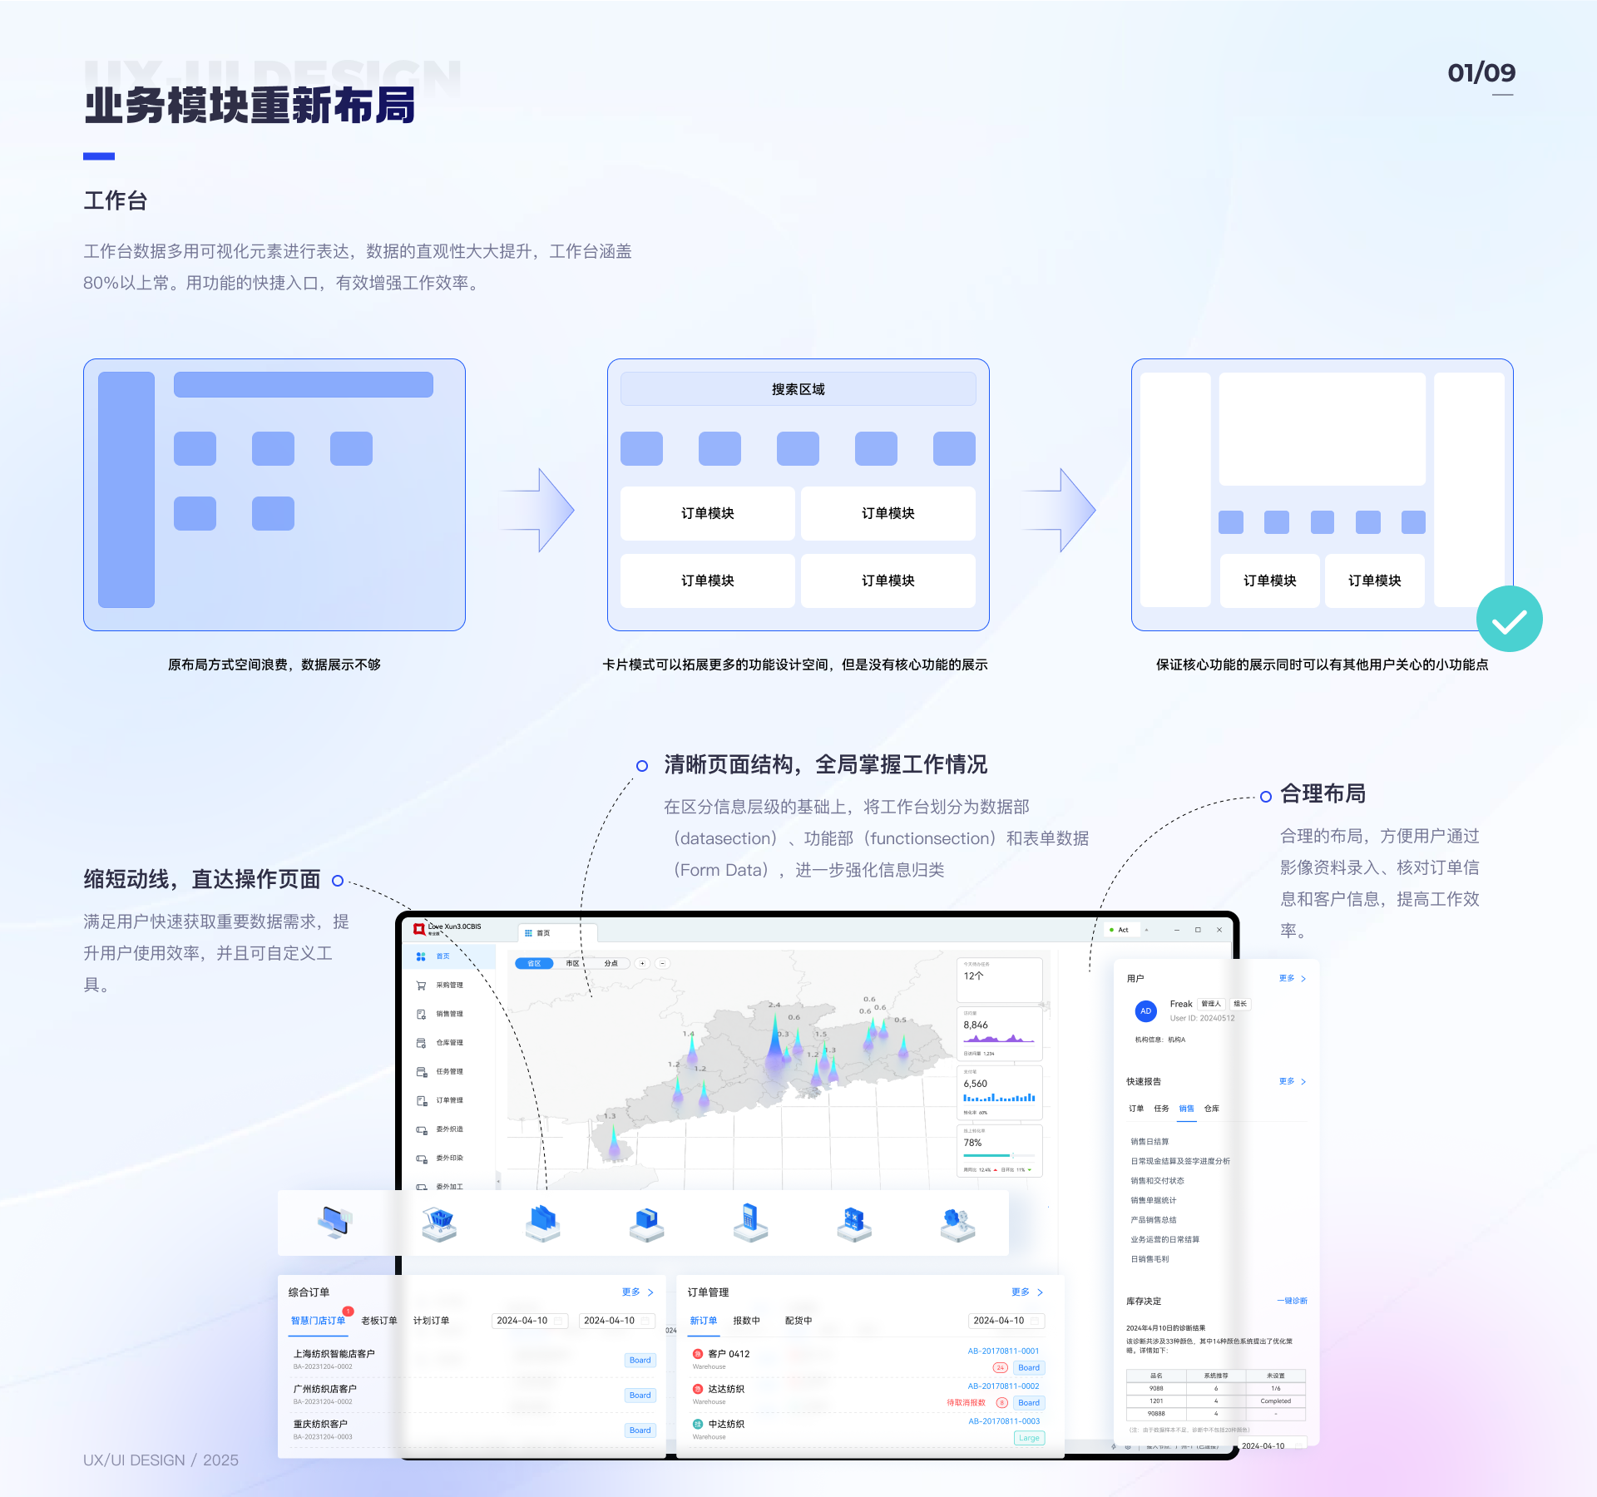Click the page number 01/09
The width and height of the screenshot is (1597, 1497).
1481,73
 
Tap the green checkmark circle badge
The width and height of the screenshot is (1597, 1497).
1509,620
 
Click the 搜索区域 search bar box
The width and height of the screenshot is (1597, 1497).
798,389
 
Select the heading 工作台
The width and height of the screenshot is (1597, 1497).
116,200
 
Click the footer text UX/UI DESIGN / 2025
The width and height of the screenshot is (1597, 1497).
161,1460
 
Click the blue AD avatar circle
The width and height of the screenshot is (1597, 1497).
1145,1011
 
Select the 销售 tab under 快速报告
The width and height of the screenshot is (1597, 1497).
1186,1109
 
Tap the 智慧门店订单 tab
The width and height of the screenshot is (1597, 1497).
318,1321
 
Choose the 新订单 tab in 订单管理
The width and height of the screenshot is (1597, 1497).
703,1321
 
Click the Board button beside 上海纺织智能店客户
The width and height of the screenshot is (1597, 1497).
640,1361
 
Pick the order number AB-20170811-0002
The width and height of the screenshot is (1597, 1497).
1003,1386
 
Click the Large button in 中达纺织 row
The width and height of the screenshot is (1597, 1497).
1029,1438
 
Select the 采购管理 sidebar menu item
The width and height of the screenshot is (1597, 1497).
449,986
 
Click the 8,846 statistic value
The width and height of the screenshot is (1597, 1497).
976,1025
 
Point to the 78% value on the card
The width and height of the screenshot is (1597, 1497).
972,1143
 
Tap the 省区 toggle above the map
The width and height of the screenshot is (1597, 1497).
534,963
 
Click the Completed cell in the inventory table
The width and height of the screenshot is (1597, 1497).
1275,1401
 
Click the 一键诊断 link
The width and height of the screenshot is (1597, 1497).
1292,1301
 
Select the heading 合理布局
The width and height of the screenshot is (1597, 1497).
1323,794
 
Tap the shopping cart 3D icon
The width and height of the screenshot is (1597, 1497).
439,1223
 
